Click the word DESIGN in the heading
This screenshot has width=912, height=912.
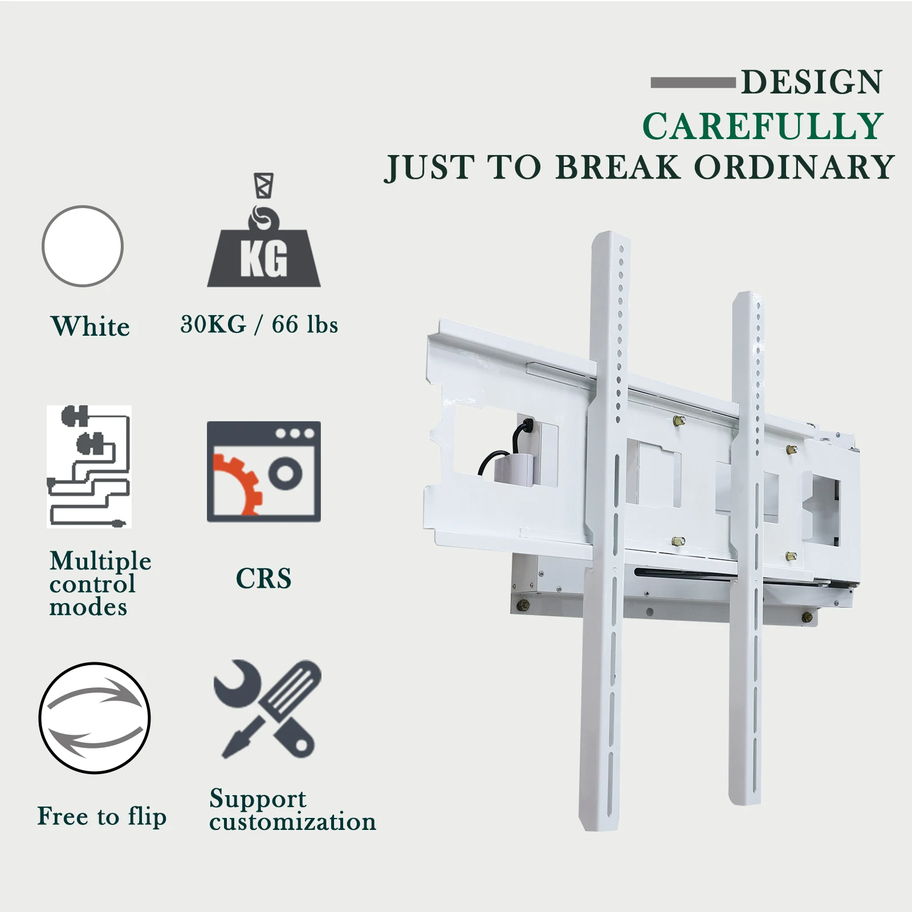tap(812, 82)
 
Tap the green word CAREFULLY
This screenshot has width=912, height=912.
tap(763, 126)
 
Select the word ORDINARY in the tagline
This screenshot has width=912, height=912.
tap(794, 167)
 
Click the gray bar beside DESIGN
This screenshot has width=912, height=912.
tap(693, 83)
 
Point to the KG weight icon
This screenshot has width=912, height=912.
tap(264, 230)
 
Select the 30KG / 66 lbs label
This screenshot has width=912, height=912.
tap(259, 324)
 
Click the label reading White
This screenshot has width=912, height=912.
tap(90, 326)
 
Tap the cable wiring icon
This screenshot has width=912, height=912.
tap(89, 466)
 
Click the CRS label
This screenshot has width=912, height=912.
tap(264, 579)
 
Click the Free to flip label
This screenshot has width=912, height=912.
tap(102, 816)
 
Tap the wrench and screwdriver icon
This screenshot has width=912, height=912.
tap(267, 709)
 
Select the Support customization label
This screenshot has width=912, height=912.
tap(292, 809)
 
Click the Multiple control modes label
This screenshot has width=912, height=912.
tap(100, 584)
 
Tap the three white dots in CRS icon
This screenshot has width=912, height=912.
tap(295, 433)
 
